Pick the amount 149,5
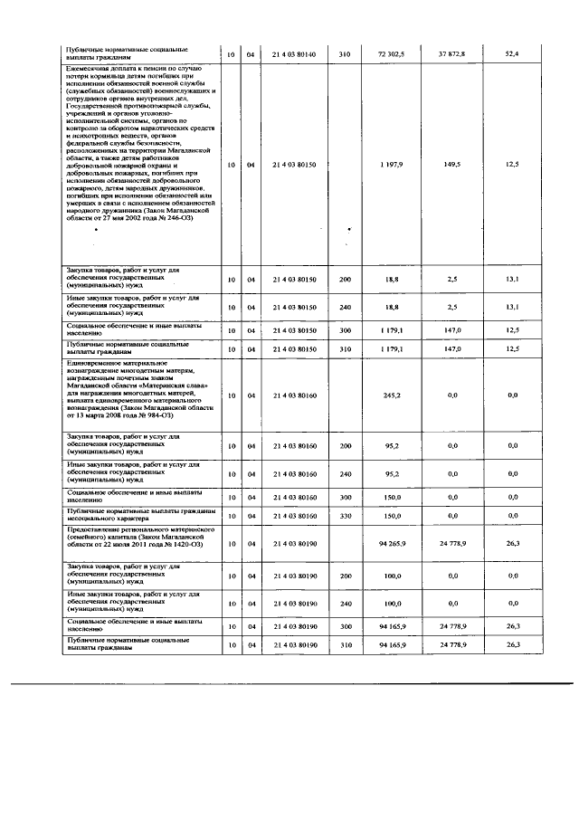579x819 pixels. pos(452,165)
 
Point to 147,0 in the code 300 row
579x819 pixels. pos(452,329)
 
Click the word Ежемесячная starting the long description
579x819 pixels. pos(89,68)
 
